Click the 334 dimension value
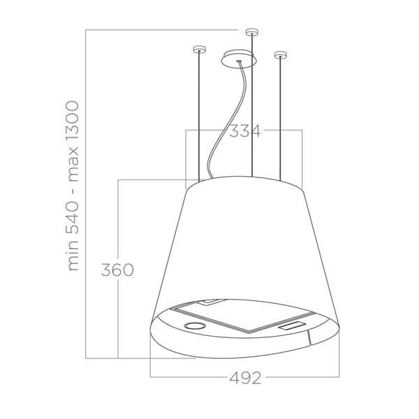tap(244, 131)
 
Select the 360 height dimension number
tap(116, 270)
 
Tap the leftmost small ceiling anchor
tap(199, 50)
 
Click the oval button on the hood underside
tap(193, 326)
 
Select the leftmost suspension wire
tap(199, 119)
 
